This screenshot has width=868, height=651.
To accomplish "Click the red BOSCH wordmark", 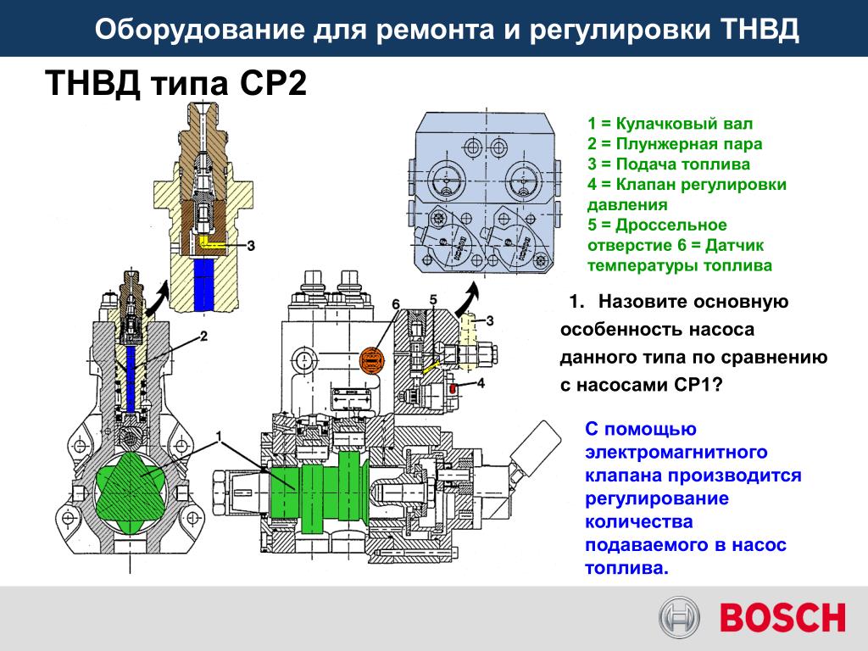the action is pos(782,618).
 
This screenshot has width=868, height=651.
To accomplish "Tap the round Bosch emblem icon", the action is pos(679,617).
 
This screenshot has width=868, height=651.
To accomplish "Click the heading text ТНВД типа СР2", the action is pos(176,83).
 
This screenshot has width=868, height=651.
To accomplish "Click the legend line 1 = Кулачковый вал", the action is pos(670,124).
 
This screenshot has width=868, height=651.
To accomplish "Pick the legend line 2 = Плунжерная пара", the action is pos(675,144).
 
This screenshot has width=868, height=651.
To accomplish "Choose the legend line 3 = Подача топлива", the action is pos(669,164).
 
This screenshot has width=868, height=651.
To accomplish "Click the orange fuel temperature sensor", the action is pos(372,361).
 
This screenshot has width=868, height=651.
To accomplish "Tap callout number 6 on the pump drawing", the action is pos(396,304).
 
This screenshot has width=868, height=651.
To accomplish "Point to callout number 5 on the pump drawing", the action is pos(433,299).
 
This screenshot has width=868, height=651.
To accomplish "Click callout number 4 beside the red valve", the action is pos(481,382).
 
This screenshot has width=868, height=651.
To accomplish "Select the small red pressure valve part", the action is pos(453,388).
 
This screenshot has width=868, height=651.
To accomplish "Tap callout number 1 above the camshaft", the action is pos(220,437).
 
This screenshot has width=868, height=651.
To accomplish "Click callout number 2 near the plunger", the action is pos(203,336).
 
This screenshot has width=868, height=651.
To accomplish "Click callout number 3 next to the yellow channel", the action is pos(251,245).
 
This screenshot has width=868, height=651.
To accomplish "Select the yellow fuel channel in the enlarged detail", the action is pos(210,243).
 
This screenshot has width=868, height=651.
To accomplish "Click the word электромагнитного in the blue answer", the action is pos(676,453).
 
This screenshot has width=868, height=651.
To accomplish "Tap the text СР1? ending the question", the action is pos(699,385).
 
